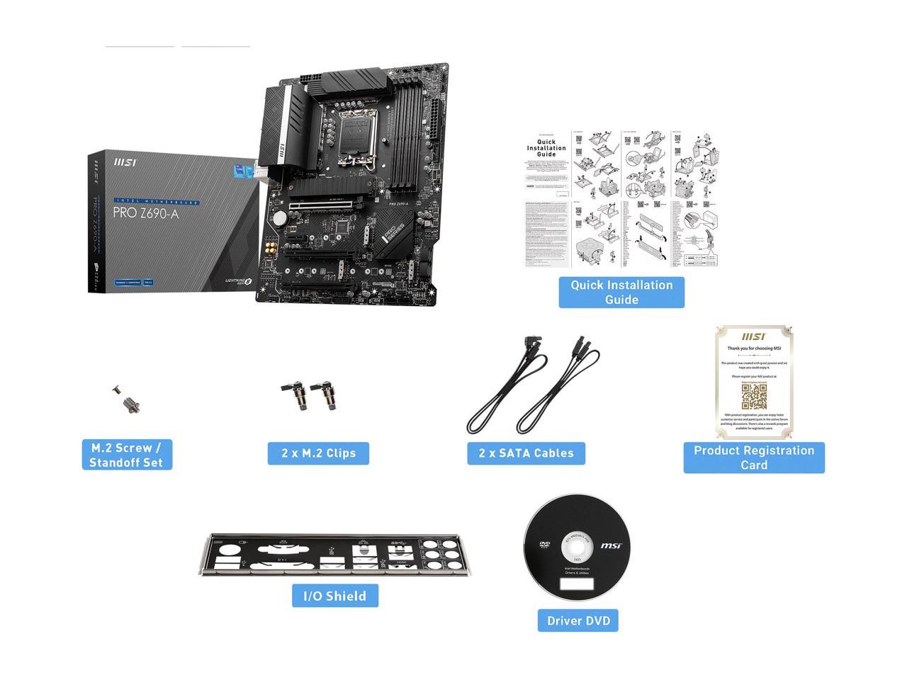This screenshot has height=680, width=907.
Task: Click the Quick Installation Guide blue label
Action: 621,293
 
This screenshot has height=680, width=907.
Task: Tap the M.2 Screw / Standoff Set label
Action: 127,455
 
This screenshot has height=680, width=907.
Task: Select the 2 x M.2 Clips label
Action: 318,453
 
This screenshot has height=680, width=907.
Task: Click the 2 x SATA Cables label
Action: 526,453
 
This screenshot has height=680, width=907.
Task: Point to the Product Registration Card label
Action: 754,458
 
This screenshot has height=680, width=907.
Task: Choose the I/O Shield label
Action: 335,596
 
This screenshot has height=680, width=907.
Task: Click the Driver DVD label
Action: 578,620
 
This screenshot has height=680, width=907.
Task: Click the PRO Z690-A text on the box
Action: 146,212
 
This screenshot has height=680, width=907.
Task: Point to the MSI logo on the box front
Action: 125,162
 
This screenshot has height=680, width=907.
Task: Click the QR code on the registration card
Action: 754,397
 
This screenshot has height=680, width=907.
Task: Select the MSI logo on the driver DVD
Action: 612,545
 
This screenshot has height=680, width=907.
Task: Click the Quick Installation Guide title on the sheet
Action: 546,148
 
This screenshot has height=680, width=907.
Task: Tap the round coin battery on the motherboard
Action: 280,215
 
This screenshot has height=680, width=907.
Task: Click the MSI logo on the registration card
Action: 753,337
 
